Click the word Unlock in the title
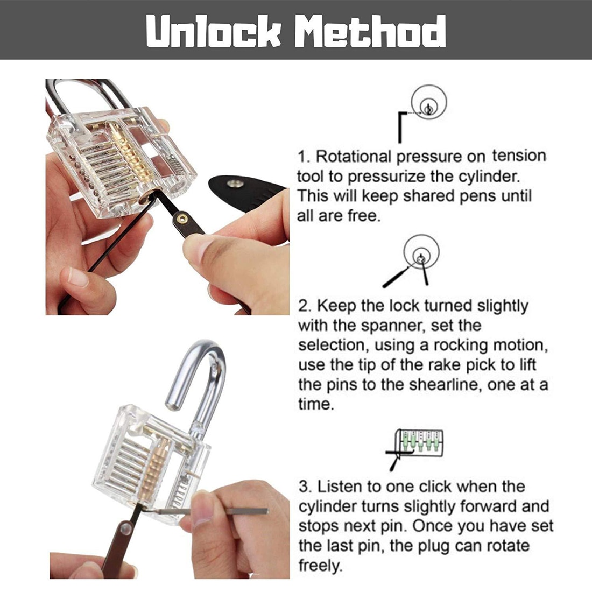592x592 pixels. [214, 31]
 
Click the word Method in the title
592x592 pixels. [370, 31]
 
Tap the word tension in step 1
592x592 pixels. [519, 156]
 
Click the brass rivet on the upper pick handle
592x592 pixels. [183, 219]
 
